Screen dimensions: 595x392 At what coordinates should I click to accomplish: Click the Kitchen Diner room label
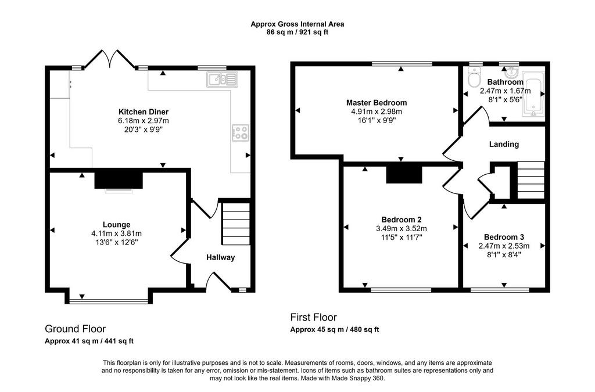click(x=144, y=112)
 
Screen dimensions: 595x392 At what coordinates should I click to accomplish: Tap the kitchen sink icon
click(x=223, y=80)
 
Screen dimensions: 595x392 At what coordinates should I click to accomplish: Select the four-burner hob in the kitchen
click(x=241, y=133)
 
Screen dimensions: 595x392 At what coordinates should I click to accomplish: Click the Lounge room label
click(x=116, y=224)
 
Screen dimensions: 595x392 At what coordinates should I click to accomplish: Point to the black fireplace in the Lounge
click(x=119, y=180)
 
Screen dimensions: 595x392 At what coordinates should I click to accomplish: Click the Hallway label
click(x=220, y=257)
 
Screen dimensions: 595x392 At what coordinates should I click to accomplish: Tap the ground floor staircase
click(x=236, y=224)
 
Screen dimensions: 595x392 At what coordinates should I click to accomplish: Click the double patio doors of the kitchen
click(x=110, y=59)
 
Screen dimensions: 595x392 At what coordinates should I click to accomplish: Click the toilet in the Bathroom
click(x=474, y=78)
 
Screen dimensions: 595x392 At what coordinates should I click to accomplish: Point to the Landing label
click(x=504, y=144)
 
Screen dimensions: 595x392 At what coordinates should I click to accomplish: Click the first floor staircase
click(x=531, y=180)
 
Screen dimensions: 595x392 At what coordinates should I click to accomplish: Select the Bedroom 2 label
click(x=402, y=220)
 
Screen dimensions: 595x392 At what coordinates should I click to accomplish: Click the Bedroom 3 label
click(x=504, y=237)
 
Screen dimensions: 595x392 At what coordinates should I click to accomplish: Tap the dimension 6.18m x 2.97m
click(x=144, y=121)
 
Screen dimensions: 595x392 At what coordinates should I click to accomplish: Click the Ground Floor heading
click(x=75, y=329)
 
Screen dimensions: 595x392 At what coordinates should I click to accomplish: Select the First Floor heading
click(x=313, y=317)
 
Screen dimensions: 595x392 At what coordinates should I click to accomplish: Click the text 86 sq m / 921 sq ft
click(x=297, y=32)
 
